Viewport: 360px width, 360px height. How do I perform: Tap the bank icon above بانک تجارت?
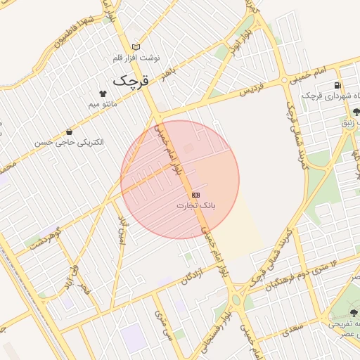click(x=195, y=194)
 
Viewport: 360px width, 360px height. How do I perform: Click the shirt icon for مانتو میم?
click(x=103, y=93)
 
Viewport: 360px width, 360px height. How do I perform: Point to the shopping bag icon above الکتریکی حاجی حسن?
click(x=69, y=131)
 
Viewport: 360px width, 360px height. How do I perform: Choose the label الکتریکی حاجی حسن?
click(x=69, y=142)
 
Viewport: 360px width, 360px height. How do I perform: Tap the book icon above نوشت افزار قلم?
click(x=136, y=46)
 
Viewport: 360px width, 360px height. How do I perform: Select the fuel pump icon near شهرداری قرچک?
click(x=338, y=86)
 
